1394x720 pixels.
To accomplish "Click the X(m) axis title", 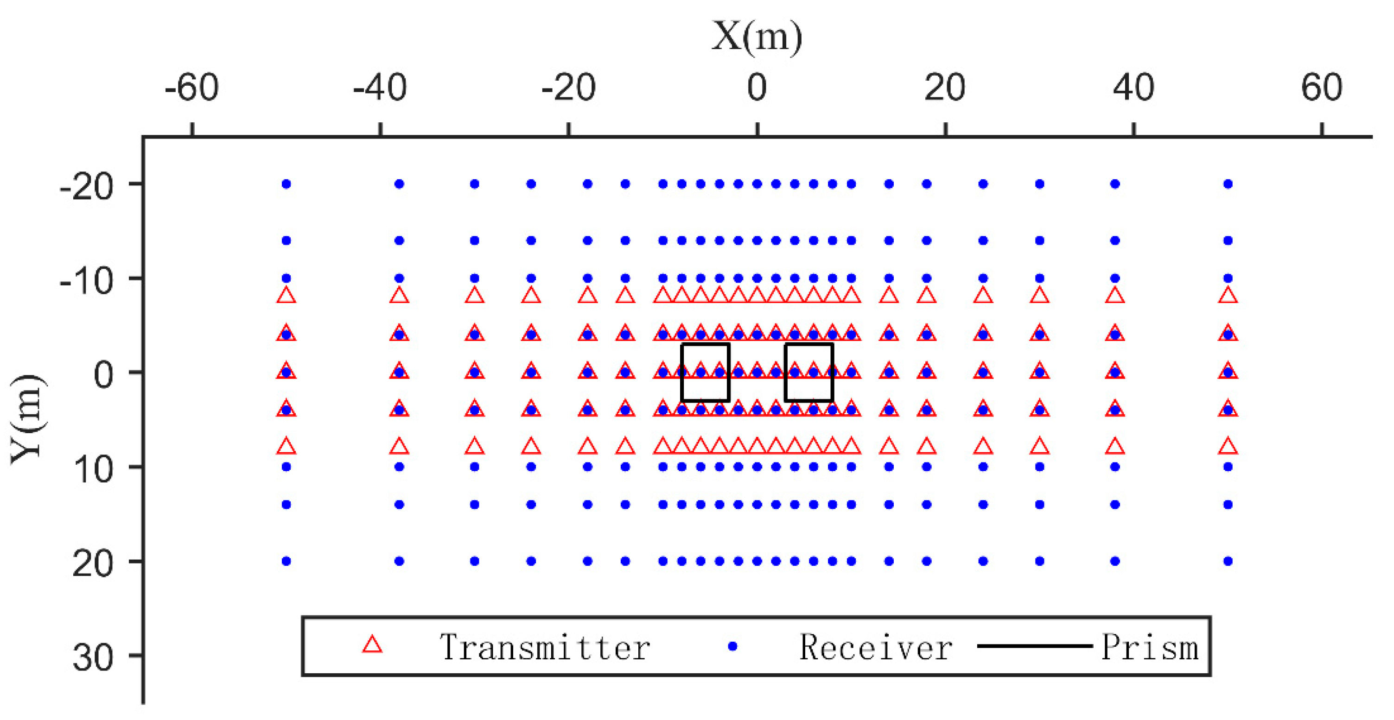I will (757, 37).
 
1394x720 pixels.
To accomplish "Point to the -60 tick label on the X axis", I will (191, 88).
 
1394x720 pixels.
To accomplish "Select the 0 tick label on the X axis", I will (757, 88).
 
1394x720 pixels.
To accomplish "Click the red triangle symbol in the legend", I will (372, 645).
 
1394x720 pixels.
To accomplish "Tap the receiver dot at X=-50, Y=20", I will (286, 561).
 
